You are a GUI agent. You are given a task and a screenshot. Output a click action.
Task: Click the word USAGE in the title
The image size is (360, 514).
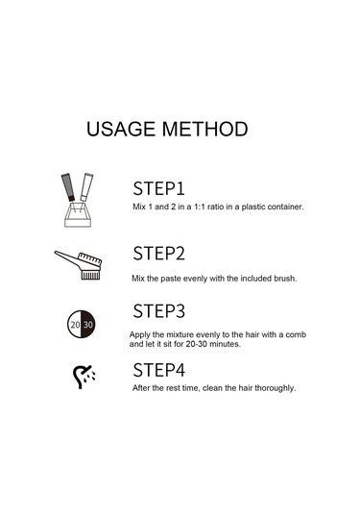tap(121, 129)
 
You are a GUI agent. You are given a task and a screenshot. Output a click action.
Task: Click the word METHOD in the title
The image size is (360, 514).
tap(205, 129)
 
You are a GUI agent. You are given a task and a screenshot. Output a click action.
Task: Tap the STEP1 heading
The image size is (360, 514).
tap(158, 188)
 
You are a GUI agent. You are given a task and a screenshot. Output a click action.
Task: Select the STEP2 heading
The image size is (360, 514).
tap(158, 254)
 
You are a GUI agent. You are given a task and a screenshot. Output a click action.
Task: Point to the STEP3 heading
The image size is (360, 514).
tap(158, 311)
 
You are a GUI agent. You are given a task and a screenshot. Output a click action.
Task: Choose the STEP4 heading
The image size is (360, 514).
tap(158, 370)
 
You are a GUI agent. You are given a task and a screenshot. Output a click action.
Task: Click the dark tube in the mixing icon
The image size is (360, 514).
tap(68, 187)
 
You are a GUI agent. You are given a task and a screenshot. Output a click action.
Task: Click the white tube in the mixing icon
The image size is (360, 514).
tap(86, 186)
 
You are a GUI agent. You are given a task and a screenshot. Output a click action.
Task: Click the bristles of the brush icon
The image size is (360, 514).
tap(90, 275)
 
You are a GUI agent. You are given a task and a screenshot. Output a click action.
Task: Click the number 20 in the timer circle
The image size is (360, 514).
tap(75, 325)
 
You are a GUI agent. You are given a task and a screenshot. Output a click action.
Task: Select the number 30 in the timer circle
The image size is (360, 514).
tap(87, 325)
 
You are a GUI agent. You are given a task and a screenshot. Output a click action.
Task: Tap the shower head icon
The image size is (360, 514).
tap(84, 377)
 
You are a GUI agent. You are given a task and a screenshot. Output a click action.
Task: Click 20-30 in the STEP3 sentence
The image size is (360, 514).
tap(197, 344)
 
